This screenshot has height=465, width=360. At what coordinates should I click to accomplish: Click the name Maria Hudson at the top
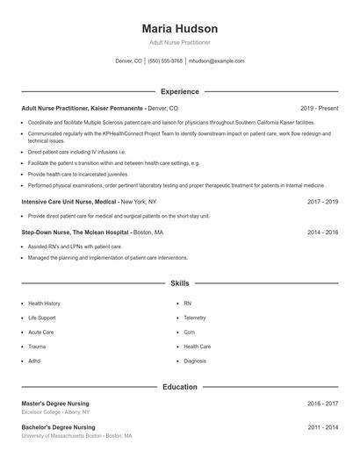click(179, 29)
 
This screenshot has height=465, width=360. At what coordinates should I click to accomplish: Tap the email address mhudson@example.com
click(216, 61)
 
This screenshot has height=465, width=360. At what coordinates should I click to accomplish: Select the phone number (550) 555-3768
click(165, 61)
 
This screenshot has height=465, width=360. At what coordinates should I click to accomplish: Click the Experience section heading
click(179, 91)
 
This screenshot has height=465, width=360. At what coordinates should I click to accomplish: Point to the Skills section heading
click(179, 283)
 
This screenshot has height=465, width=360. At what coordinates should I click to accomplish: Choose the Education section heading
click(179, 386)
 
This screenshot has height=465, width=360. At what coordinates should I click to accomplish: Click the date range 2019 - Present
click(319, 107)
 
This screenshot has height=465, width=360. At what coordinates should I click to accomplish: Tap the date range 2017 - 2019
click(322, 201)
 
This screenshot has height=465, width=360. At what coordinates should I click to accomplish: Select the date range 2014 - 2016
click(322, 232)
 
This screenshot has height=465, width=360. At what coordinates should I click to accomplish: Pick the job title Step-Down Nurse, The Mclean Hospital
click(75, 232)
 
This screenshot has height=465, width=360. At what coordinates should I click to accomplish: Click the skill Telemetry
click(195, 318)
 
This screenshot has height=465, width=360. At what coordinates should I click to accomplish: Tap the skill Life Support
click(41, 318)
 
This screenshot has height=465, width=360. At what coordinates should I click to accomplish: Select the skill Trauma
click(37, 347)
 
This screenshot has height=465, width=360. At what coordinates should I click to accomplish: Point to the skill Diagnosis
click(195, 361)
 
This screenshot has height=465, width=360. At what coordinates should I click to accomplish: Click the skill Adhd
click(35, 361)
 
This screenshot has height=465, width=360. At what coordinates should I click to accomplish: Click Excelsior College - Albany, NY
click(55, 412)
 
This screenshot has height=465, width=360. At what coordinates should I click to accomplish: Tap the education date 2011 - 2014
click(322, 427)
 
